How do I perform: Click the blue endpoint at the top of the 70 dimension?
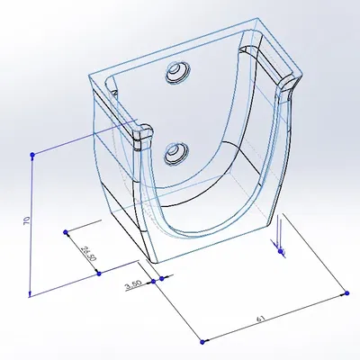click(33, 155)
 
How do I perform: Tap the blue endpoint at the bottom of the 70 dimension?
click(31, 293)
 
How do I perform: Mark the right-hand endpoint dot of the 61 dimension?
click(346, 292)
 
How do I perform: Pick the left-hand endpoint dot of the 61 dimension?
click(203, 340)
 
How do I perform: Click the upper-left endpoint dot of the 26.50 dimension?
click(67, 232)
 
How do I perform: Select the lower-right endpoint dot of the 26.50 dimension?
click(99, 273)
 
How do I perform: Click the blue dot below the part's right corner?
click(282, 252)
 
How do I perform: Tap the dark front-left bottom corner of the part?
click(148, 256)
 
